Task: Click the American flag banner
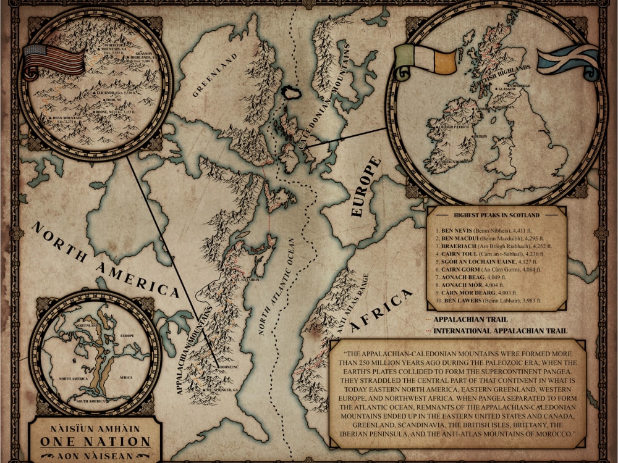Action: pyautogui.click(x=54, y=60)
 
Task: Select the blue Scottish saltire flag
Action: pyautogui.click(x=567, y=60)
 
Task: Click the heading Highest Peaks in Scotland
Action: pyautogui.click(x=497, y=215)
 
